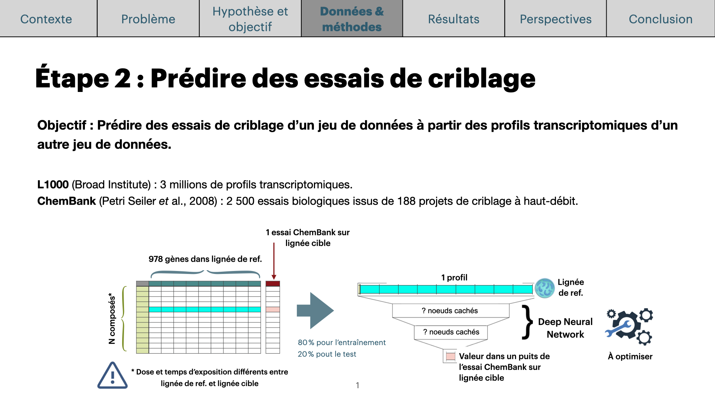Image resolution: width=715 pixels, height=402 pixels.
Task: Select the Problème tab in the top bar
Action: (148, 19)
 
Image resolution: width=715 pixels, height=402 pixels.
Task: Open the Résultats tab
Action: (454, 19)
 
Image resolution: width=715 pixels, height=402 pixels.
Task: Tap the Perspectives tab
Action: (556, 19)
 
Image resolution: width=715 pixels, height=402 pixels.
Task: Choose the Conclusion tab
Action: (661, 19)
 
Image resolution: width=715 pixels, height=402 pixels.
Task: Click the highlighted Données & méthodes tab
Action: (352, 19)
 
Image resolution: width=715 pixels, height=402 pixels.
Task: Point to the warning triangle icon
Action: (112, 375)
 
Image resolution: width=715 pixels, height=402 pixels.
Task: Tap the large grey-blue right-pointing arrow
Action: (315, 310)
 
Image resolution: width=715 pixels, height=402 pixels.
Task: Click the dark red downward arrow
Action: (274, 261)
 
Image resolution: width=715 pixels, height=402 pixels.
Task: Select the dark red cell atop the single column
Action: (273, 284)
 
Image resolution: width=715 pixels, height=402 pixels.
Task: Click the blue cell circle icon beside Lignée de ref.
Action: (545, 288)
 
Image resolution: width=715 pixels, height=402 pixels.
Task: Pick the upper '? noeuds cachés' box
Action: (451, 311)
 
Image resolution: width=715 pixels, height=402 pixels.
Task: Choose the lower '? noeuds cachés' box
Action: (451, 332)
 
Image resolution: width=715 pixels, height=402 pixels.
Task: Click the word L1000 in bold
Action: (53, 185)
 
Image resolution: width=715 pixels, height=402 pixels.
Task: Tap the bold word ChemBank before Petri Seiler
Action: (67, 201)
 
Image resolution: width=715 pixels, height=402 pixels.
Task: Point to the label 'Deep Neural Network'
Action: (565, 328)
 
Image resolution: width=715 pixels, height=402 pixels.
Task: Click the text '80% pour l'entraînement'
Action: (341, 342)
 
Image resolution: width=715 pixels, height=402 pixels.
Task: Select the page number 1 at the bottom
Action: (357, 385)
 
